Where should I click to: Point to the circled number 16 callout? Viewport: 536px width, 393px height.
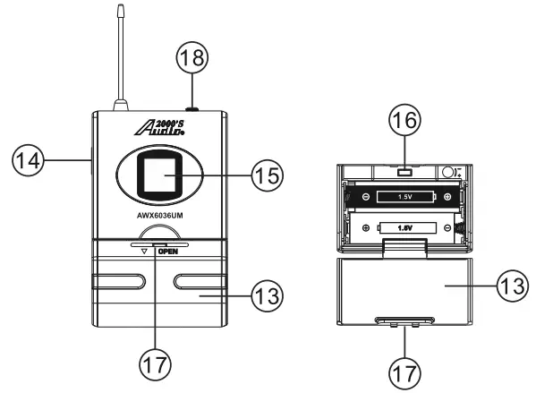[x=405, y=118]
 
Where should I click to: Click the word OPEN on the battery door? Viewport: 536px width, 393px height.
[x=168, y=252]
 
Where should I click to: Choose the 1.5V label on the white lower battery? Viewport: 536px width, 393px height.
[x=404, y=227]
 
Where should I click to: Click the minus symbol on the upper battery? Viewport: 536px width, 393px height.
[x=363, y=195]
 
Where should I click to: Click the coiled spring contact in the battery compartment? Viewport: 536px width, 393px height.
[x=460, y=228]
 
